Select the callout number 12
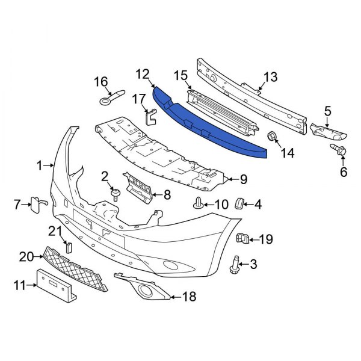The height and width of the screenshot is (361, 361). (142, 75)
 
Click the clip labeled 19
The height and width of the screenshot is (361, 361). (244, 239)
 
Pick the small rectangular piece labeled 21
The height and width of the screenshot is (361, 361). (68, 246)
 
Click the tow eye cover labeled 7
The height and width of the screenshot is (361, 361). (35, 204)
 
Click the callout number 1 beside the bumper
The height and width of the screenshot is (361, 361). (40, 164)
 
